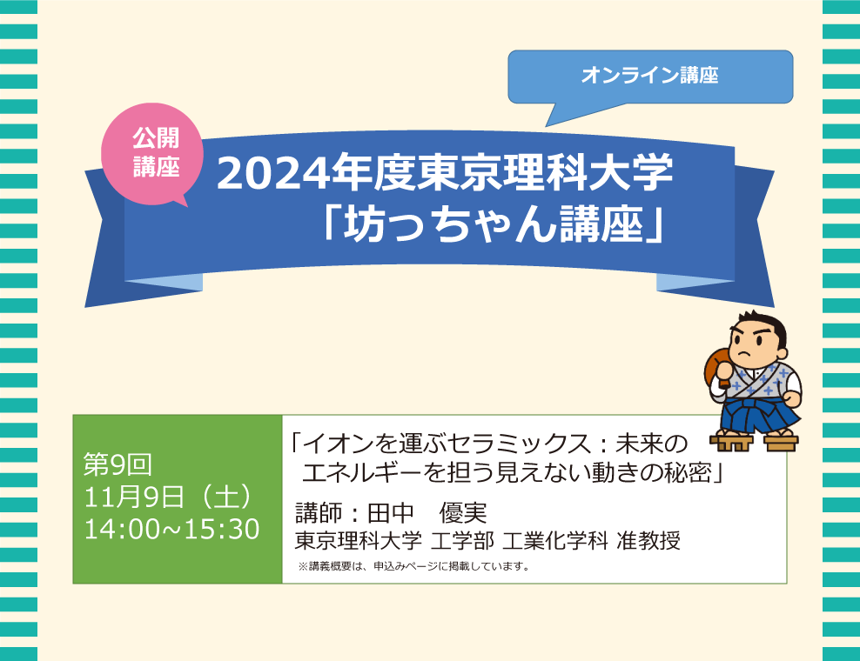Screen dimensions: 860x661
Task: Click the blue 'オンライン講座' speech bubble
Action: click(x=650, y=77)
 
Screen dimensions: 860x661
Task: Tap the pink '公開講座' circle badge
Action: click(x=152, y=154)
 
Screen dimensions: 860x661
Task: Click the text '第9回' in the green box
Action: click(x=118, y=464)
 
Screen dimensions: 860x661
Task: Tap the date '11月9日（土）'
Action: click(x=168, y=497)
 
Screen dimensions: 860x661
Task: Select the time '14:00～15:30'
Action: click(x=171, y=529)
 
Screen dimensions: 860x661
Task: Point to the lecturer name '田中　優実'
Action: click(x=427, y=513)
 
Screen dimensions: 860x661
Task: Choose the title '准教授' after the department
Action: click(x=648, y=541)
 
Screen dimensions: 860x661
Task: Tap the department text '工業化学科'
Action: click(x=555, y=541)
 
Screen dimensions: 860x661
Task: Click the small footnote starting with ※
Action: click(x=414, y=566)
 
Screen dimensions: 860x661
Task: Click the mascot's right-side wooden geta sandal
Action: click(x=782, y=441)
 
